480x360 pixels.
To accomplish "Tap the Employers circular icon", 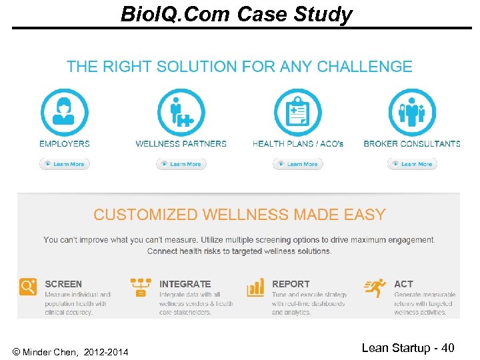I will [65, 111].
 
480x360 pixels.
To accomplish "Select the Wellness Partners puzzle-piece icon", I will [181, 111].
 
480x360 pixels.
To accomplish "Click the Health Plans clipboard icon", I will [297, 111].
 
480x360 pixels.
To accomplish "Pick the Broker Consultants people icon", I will [412, 111].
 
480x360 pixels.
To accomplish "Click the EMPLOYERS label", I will [65, 143].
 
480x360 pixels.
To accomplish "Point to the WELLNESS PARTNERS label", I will [181, 143].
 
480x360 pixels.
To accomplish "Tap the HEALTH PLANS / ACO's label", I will [298, 143].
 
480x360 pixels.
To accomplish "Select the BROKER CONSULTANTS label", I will [412, 143].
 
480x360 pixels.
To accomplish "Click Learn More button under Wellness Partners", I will [181, 163].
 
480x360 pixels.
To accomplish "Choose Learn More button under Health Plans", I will [297, 163].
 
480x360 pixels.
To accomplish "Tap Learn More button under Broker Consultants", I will [412, 163].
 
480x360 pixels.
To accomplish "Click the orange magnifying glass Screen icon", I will [28, 287].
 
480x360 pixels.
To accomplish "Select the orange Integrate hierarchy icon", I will [141, 287].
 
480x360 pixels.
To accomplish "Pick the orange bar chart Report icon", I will [255, 287].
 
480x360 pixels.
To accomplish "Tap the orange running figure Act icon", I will [375, 287].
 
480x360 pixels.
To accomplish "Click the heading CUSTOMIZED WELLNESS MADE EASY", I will [239, 215].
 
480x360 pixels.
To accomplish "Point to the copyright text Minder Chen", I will [71, 351].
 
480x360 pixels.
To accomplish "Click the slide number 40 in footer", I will [447, 347].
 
